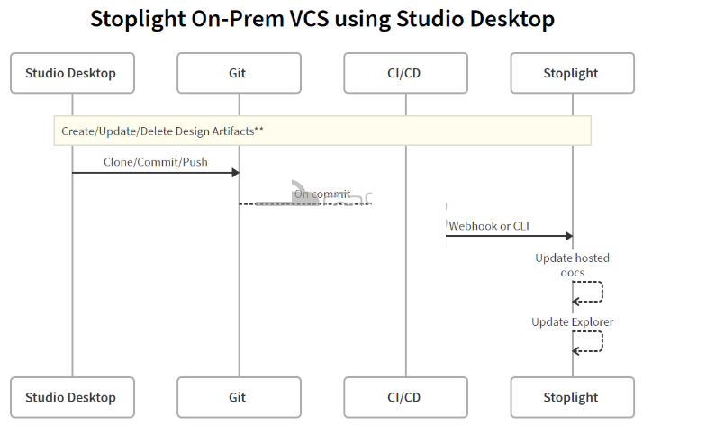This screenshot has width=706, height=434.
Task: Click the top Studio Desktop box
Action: click(72, 73)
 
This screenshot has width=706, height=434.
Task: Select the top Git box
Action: click(240, 73)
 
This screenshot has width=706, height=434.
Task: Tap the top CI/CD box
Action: click(405, 73)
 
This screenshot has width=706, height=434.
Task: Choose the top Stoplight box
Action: click(573, 73)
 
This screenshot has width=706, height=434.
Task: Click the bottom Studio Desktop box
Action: click(72, 397)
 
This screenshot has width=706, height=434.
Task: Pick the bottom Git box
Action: click(240, 397)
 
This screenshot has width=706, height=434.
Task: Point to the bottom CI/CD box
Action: click(405, 397)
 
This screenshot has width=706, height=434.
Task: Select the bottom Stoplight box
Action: click(573, 397)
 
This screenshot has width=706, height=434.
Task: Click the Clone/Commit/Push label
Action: click(156, 162)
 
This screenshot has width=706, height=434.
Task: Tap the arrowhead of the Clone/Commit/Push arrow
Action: click(236, 173)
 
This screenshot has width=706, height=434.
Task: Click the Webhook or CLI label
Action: click(489, 225)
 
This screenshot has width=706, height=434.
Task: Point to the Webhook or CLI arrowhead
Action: click(569, 236)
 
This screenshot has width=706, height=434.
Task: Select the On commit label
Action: click(322, 194)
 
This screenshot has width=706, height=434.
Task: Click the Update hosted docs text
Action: click(573, 265)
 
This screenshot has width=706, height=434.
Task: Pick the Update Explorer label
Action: click(573, 322)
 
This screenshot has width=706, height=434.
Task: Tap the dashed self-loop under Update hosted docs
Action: click(602, 292)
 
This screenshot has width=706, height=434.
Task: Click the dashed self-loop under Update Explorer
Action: click(602, 340)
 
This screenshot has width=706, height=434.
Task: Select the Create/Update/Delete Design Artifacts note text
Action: click(162, 131)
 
